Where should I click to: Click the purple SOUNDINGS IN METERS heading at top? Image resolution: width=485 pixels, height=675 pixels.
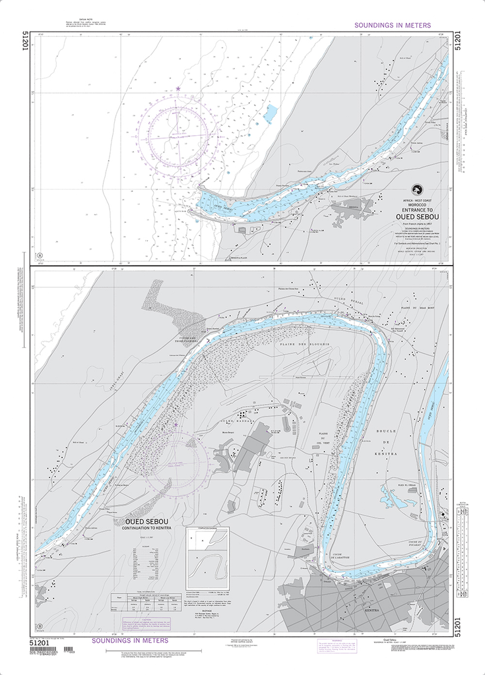coord(393,25)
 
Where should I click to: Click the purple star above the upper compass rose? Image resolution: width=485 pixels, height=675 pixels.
coord(178,88)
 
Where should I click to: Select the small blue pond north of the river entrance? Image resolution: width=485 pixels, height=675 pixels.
coord(271,113)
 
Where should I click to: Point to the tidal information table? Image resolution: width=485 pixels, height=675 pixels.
coord(145,600)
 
